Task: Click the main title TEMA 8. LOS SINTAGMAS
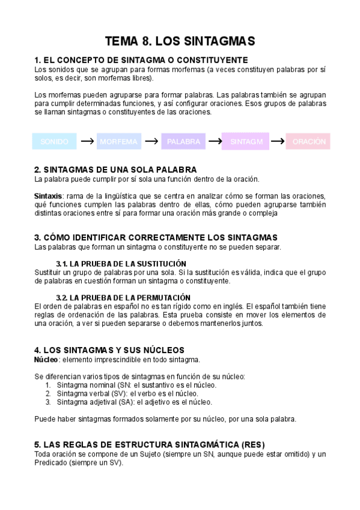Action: (180, 41)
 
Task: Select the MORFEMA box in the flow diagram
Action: (118, 142)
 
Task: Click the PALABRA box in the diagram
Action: (183, 142)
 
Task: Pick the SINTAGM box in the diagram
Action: (246, 142)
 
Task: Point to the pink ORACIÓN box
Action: (308, 142)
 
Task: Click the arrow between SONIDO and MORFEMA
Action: (87, 142)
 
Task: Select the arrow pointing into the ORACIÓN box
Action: (278, 142)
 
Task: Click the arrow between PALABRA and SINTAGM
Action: (215, 142)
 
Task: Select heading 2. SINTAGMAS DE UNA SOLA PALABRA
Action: (115, 170)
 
